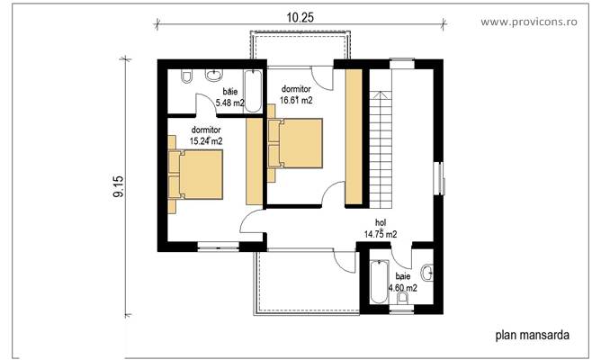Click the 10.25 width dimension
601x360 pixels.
click(300, 16)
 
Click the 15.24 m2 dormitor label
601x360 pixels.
click(206, 136)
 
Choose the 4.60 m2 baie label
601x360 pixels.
click(402, 283)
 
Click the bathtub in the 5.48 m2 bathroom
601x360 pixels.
click(254, 90)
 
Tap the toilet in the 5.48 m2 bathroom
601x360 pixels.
click(185, 79)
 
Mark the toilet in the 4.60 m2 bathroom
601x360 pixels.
click(403, 297)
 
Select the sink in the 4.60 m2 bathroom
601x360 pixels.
click(429, 269)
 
